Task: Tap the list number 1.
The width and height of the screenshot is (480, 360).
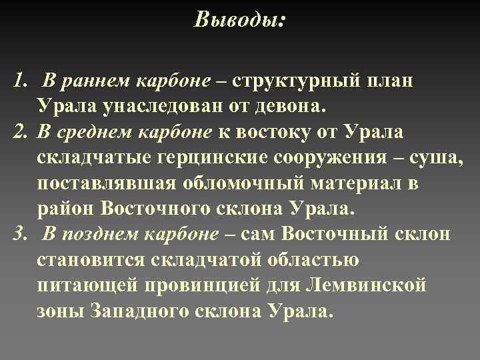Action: click(17, 82)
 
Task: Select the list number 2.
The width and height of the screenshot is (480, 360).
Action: click(18, 131)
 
